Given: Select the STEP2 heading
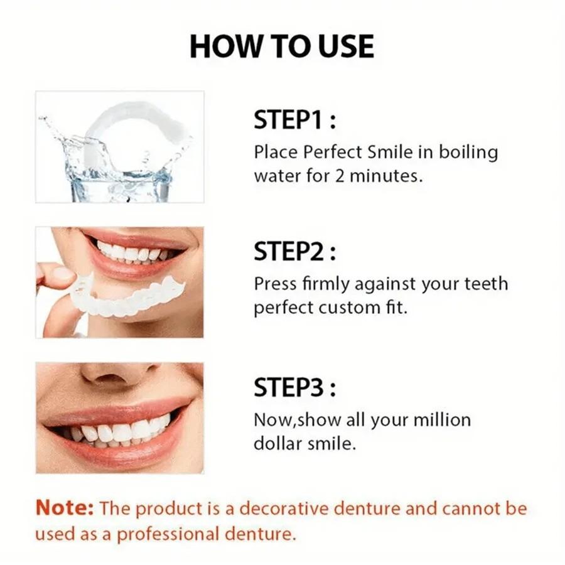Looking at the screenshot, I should pos(294,252).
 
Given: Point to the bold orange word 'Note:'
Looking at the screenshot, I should pos(65,508).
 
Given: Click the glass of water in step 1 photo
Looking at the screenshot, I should pos(119,183).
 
